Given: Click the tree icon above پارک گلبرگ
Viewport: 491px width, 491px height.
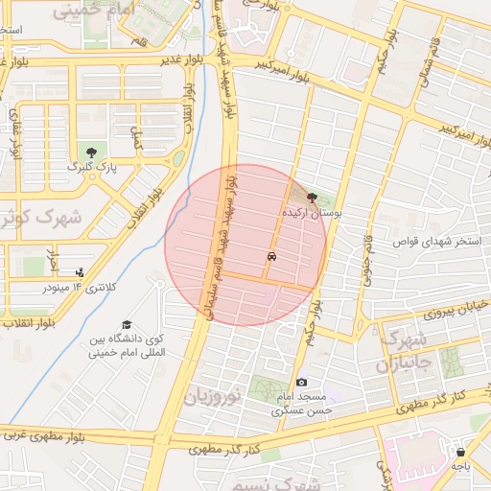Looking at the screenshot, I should coord(91,152).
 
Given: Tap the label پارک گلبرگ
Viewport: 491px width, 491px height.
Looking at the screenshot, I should coord(91,167).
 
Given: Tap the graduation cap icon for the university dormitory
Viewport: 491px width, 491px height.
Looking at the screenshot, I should coord(127,326).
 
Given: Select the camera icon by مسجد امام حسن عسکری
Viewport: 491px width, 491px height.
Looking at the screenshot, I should coord(302,383).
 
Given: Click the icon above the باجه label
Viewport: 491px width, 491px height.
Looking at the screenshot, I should coord(461,451).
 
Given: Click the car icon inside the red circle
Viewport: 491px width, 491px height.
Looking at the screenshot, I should coord(273,257).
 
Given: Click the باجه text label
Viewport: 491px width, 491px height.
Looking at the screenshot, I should coord(461,465).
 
